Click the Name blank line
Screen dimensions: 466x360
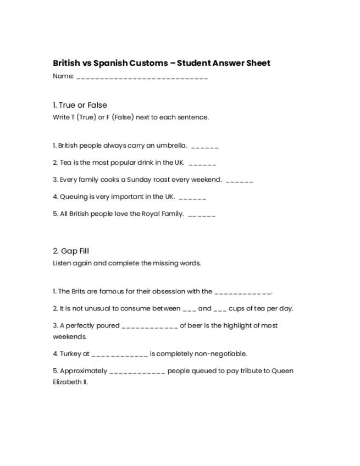pos(142,77)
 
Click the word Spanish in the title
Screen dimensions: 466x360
pos(110,63)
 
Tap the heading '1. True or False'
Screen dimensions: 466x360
pos(80,105)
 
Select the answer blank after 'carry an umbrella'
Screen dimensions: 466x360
pos(205,147)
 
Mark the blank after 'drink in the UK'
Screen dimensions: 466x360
pos(202,164)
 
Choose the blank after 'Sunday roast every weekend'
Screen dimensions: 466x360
pos(239,181)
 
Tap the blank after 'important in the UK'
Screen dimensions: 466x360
pos(192,198)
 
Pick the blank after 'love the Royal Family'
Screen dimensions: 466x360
pos(202,215)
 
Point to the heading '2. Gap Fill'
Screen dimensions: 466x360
pos(71,251)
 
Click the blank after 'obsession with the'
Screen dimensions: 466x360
pos(243,292)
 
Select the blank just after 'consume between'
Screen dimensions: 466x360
pos(190,309)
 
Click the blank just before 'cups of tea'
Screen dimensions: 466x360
pos(220,309)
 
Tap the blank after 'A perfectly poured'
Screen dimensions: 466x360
pos(149,326)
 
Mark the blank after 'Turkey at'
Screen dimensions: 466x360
pos(120,354)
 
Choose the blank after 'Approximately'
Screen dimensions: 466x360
pos(137,371)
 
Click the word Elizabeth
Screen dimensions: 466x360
pos(67,381)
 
